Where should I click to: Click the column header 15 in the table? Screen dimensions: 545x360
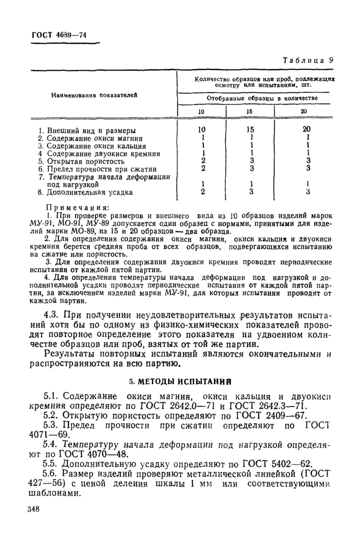pyautogui.click(x=248, y=111)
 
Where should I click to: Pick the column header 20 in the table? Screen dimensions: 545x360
pyautogui.click(x=303, y=111)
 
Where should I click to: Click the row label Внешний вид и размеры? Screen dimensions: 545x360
pyautogui.click(x=87, y=131)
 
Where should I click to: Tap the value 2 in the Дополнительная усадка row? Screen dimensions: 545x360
pyautogui.click(x=204, y=192)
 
